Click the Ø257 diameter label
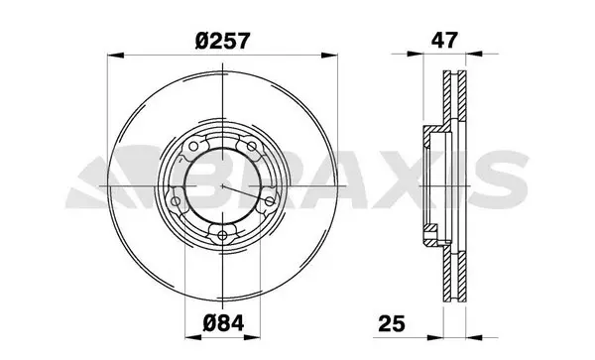tap(223, 41)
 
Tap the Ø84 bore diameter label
tap(223, 323)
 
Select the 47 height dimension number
tap(444, 40)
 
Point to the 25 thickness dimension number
tap(392, 323)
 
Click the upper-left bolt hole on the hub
tap(193, 146)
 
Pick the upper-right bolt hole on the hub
tap(252, 146)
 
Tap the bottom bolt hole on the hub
tap(222, 236)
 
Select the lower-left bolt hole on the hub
tap(176, 201)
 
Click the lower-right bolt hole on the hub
tap(270, 201)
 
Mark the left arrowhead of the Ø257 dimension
tap(116, 56)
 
